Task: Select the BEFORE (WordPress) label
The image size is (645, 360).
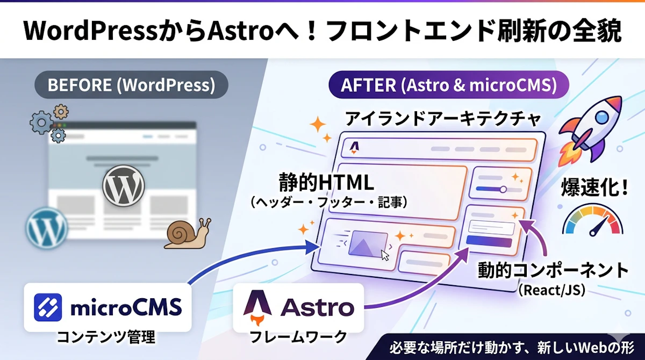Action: point(131,85)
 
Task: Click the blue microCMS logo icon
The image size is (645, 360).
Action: point(48,307)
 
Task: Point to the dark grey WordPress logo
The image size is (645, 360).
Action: point(124,185)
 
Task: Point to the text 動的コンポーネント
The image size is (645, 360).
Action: point(553,270)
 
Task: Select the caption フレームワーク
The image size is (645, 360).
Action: point(298,337)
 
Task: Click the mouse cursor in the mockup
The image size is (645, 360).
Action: point(385,254)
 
